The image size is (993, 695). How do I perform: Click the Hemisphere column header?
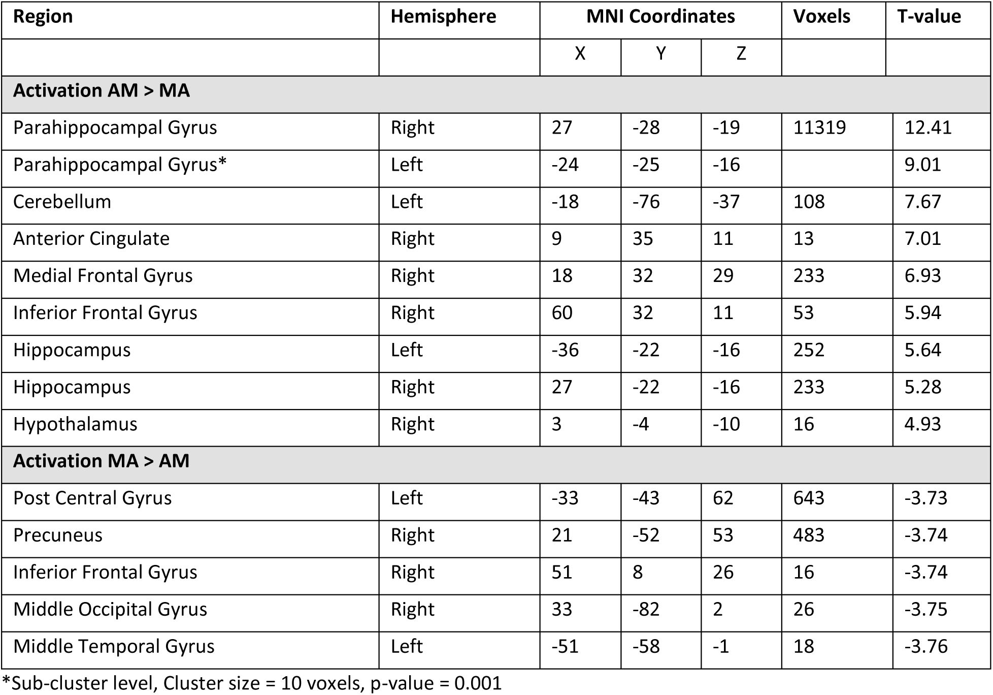pyautogui.click(x=443, y=17)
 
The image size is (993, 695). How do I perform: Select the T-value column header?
pyautogui.click(x=929, y=17)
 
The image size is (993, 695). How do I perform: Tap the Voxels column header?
pyautogui.click(x=821, y=17)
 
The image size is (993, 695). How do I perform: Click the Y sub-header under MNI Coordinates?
pyautogui.click(x=660, y=54)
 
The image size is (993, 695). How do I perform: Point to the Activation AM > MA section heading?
pyautogui.click(x=102, y=91)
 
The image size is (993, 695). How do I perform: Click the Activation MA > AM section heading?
pyautogui.click(x=102, y=461)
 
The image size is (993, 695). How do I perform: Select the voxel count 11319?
pyautogui.click(x=819, y=128)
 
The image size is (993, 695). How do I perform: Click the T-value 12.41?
pyautogui.click(x=928, y=128)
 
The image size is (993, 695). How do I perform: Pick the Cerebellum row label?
pyautogui.click(x=62, y=202)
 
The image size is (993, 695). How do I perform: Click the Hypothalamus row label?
pyautogui.click(x=75, y=425)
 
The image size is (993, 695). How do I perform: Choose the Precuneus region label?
pyautogui.click(x=58, y=535)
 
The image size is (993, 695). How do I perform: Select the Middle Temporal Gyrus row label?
pyautogui.click(x=114, y=647)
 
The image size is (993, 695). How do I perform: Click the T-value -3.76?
pyautogui.click(x=925, y=647)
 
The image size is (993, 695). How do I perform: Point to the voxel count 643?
pyautogui.click(x=809, y=498)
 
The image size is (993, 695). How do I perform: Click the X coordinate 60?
pyautogui.click(x=562, y=313)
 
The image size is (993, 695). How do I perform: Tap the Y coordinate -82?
pyautogui.click(x=646, y=610)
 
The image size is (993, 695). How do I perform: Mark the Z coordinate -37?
pyautogui.click(x=726, y=202)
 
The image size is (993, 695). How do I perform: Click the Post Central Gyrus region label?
pyautogui.click(x=92, y=498)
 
